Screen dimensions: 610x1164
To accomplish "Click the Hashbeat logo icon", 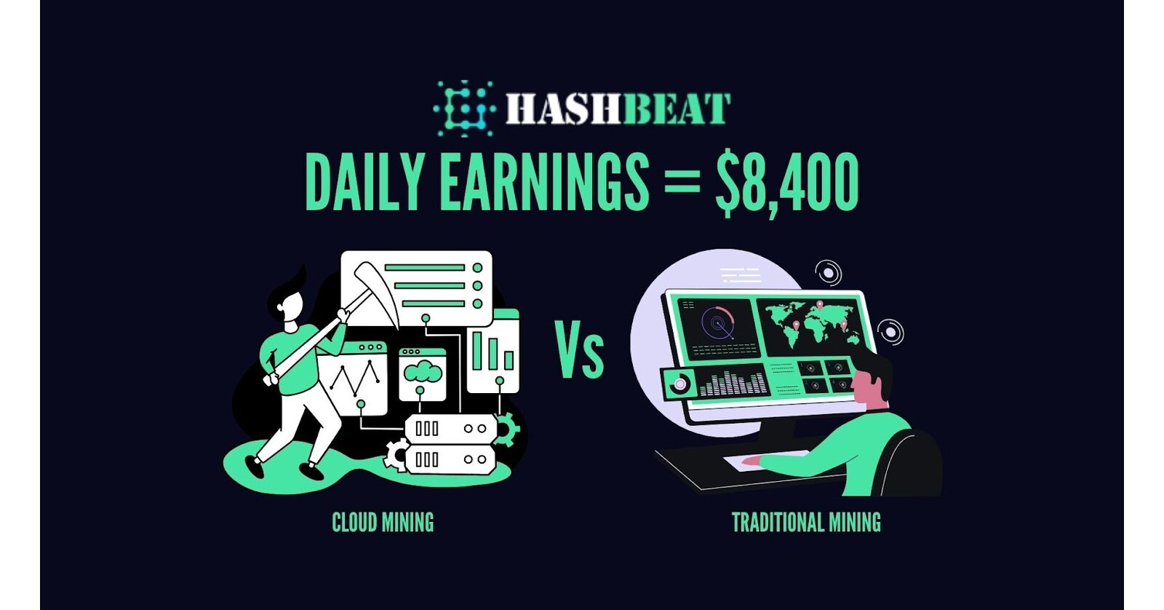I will [463, 109].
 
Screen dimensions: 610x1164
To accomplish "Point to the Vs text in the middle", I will [580, 351].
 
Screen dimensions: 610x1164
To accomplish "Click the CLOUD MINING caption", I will [383, 523].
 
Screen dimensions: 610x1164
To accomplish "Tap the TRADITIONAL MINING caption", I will [806, 523].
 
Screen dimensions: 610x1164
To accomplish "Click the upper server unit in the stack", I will [450, 429].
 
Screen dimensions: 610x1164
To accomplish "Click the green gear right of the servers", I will [505, 429].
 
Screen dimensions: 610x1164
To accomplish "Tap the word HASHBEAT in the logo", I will [618, 109].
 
